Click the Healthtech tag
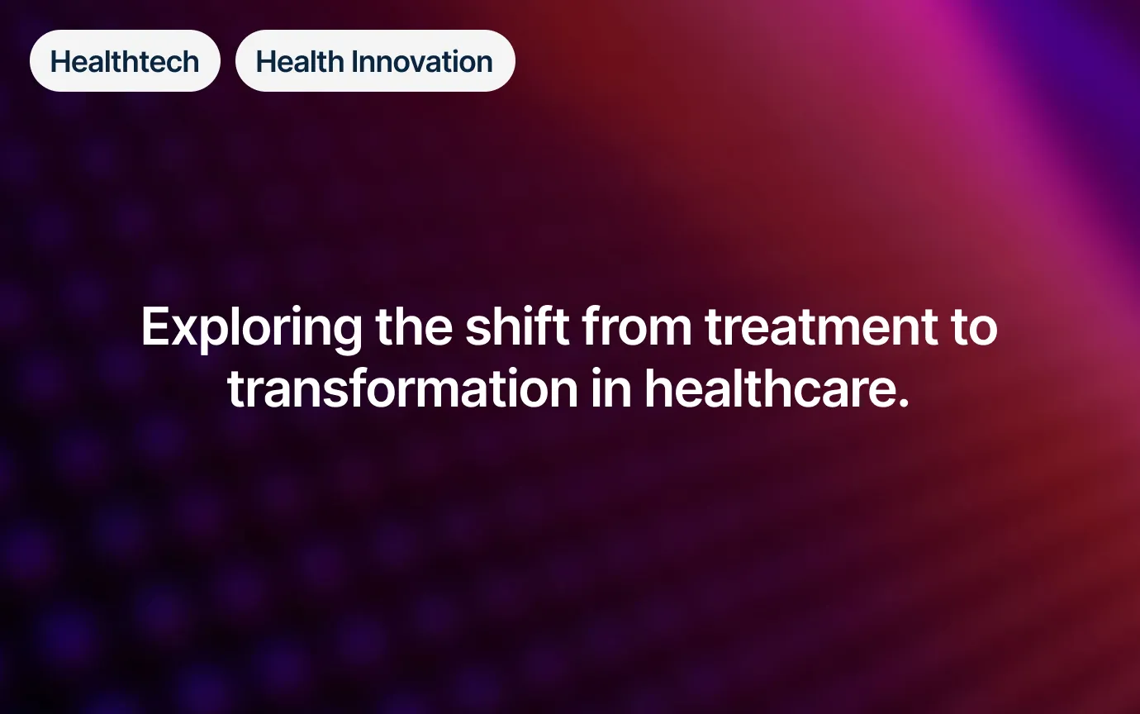(125, 60)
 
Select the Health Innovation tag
(375, 60)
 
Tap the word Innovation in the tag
(422, 62)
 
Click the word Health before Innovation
(300, 62)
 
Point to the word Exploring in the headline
(251, 328)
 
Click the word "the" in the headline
(414, 326)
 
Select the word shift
(517, 326)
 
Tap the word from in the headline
(637, 326)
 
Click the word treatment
(821, 327)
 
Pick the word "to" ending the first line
(975, 328)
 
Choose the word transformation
(402, 388)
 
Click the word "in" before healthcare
(611, 388)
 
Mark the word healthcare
(770, 388)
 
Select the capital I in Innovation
(354, 62)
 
